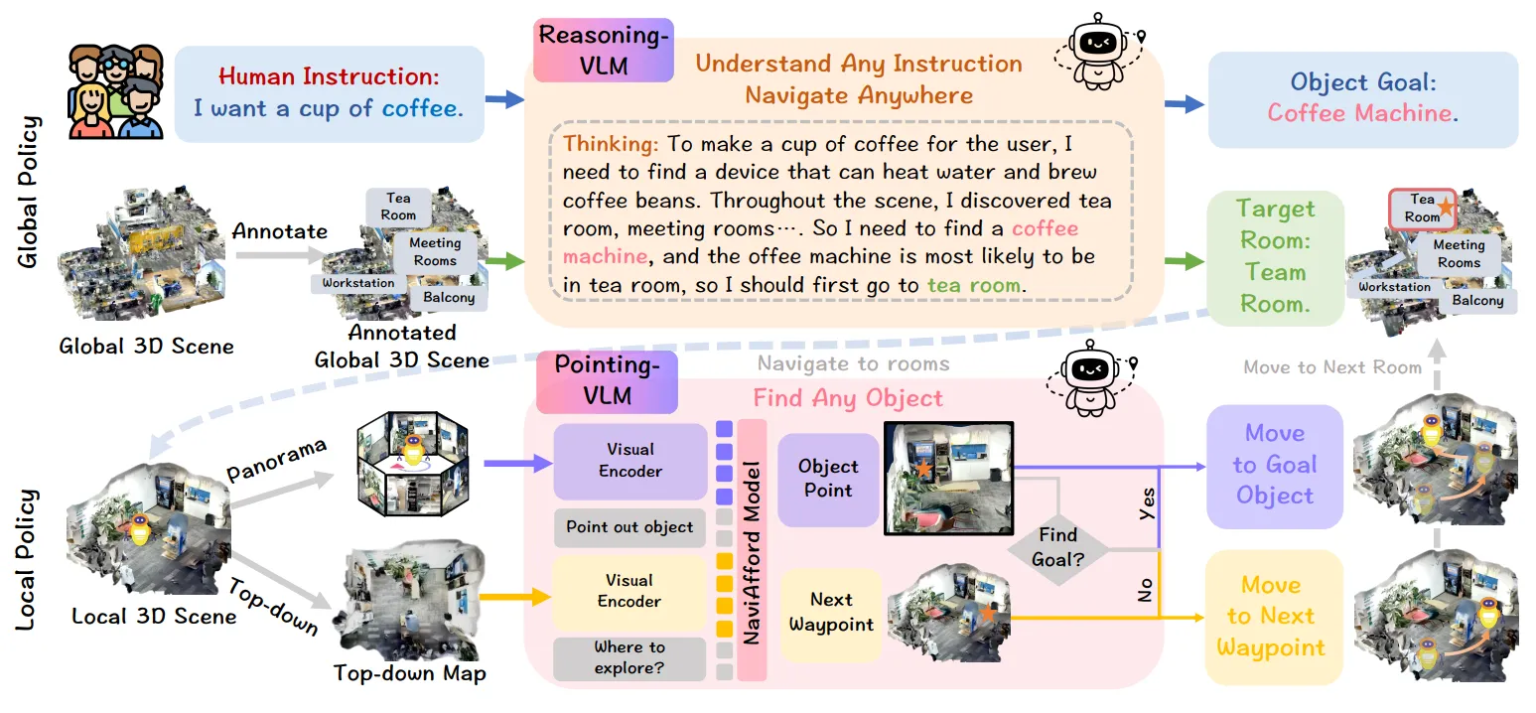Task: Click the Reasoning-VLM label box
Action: pos(604,50)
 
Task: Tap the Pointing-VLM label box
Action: pos(607,381)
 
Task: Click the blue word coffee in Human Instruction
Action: pos(422,108)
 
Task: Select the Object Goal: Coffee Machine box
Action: pos(1362,99)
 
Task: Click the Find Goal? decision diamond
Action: pos(1058,548)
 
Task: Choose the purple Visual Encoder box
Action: pos(630,461)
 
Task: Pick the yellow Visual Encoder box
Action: pos(628,592)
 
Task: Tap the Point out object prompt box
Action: pos(629,527)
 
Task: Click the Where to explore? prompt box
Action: pos(628,657)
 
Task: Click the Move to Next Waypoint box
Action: pos(1273,617)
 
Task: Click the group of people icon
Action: pos(115,91)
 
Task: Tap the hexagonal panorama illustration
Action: pos(412,464)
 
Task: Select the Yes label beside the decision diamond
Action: pos(1146,503)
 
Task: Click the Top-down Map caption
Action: pos(409,673)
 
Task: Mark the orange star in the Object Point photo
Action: pos(923,469)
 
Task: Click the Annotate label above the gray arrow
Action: pos(279,231)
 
